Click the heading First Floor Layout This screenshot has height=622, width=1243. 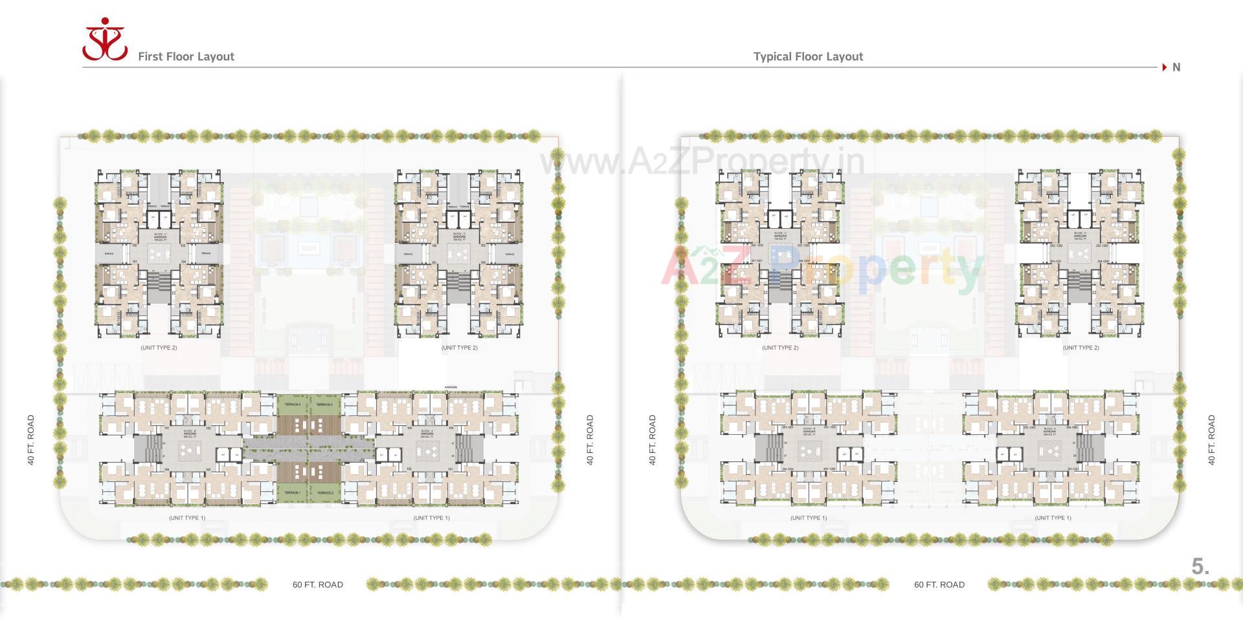pos(186,56)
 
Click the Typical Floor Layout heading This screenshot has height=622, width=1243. pos(808,56)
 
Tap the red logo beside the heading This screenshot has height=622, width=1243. pos(104,40)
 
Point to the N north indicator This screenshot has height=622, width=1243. pos(1176,67)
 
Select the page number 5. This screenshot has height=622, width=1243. pos(1200,566)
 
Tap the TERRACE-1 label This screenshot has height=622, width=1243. pos(293,493)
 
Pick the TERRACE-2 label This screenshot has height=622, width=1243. pos(324,493)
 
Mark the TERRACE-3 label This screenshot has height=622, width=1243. pos(324,404)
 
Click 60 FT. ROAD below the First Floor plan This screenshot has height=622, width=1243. pos(317,584)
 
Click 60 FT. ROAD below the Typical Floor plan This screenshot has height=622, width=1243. pos(939,584)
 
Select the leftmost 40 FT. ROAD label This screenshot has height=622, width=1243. pos(30,440)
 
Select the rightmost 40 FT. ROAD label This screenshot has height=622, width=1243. pos(1211,440)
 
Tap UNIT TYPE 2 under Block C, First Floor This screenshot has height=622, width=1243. pos(159,348)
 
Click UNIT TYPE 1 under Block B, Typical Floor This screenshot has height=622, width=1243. pos(808,518)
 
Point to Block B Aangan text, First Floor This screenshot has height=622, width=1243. pos(190,432)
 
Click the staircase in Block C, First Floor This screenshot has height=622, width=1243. pos(159,281)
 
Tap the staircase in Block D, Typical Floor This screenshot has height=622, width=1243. pos(1079,281)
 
